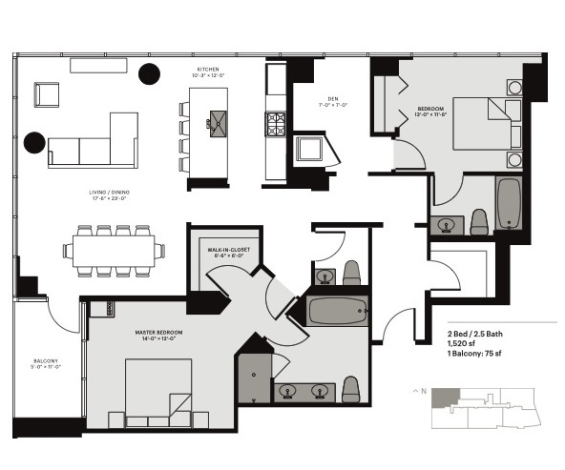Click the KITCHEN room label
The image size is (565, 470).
pyautogui.click(x=208, y=70)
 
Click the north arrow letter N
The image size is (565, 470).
pyautogui.click(x=419, y=391)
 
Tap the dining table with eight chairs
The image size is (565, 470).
pyautogui.click(x=115, y=251)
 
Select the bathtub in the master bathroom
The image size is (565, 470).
pyautogui.click(x=337, y=311)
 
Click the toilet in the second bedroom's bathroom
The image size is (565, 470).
pyautogui.click(x=479, y=222)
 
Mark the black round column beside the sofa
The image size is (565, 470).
pyautogui.click(x=35, y=143)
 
